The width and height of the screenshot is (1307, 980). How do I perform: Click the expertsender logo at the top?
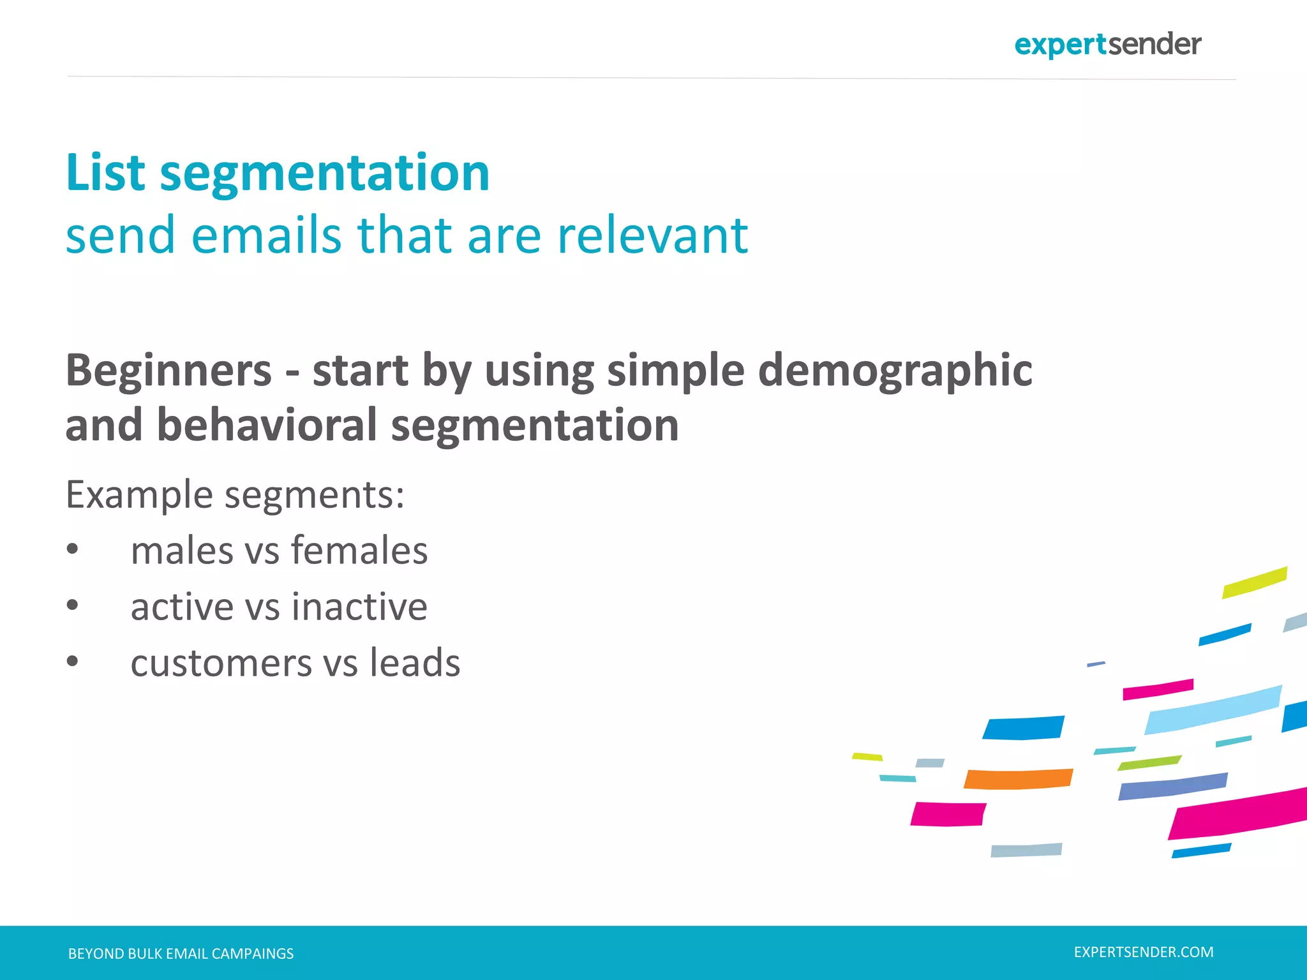(1107, 45)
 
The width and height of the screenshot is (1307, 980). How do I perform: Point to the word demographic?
(895, 371)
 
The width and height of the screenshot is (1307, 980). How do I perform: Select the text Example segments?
(235, 494)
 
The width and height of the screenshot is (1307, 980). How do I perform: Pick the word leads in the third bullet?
(415, 662)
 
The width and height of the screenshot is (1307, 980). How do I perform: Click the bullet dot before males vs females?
(73, 549)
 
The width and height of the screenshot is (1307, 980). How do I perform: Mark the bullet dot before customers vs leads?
(73, 662)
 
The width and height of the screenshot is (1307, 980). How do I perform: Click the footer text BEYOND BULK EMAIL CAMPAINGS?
(181, 953)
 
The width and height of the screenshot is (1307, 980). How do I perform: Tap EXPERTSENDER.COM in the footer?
(1143, 952)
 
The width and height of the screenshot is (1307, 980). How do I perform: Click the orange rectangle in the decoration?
(1018, 779)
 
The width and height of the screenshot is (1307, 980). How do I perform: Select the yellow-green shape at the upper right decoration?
(1254, 582)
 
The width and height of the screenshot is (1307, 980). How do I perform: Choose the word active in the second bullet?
(181, 606)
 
